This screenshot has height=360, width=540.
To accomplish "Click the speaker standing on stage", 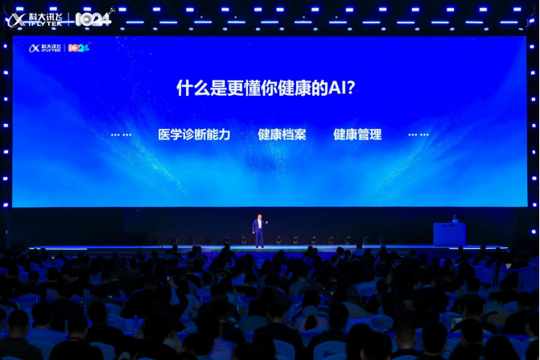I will pyautogui.click(x=258, y=230).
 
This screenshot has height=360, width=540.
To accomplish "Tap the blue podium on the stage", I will pyautogui.click(x=449, y=234).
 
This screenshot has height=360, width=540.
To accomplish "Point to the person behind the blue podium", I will pyautogui.click(x=455, y=218).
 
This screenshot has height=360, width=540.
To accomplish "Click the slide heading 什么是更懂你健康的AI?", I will pyautogui.click(x=266, y=88).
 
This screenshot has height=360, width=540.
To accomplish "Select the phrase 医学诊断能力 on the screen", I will pyautogui.click(x=194, y=134).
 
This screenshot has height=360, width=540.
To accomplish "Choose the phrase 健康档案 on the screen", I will pyautogui.click(x=282, y=134).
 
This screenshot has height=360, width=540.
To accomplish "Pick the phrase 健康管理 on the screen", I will pyautogui.click(x=357, y=134).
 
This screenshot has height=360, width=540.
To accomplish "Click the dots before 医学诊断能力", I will pyautogui.click(x=121, y=134).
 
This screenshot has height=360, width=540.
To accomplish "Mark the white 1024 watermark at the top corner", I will pyautogui.click(x=94, y=19).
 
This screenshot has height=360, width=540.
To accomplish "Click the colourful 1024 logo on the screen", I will pyautogui.click(x=79, y=48).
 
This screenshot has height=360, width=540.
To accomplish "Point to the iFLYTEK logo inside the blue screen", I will pyautogui.click(x=45, y=48).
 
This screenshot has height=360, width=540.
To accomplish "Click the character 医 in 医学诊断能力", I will pyautogui.click(x=164, y=134).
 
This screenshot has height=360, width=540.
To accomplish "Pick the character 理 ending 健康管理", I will pyautogui.click(x=375, y=134).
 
